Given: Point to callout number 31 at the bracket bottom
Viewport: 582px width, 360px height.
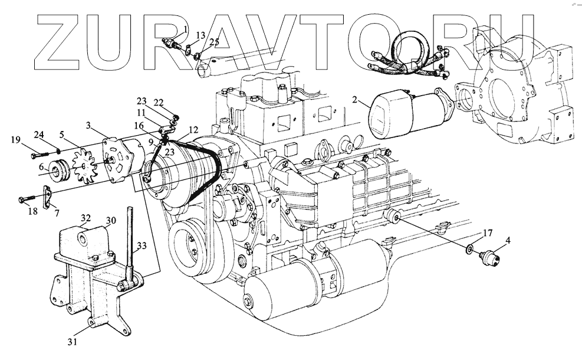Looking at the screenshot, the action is [72, 341].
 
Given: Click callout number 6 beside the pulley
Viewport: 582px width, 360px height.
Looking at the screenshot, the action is [42, 168].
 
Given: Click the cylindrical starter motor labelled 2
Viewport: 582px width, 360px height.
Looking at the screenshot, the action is [407, 115].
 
